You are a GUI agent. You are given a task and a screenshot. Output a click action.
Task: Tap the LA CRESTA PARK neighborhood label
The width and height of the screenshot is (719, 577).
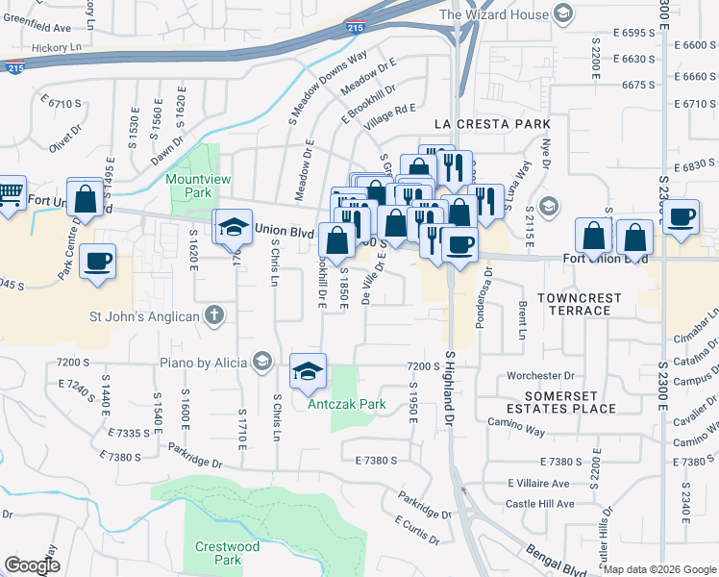point(492,124)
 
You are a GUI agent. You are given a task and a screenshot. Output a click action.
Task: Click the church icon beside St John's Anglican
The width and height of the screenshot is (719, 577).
point(213,315)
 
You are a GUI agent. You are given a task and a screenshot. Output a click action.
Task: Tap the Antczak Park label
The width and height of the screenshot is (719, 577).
point(347,404)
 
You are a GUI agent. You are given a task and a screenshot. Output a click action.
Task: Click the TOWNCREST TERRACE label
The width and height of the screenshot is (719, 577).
point(574,304)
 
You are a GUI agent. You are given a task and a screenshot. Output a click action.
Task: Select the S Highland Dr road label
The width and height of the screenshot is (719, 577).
point(448,389)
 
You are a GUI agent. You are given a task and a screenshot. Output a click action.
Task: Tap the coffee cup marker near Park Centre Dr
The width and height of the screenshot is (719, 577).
point(97,261)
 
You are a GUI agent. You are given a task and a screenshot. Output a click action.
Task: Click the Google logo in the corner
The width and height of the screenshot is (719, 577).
point(32,565)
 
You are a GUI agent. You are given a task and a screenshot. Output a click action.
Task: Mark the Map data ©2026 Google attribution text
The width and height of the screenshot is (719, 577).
point(659,569)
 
